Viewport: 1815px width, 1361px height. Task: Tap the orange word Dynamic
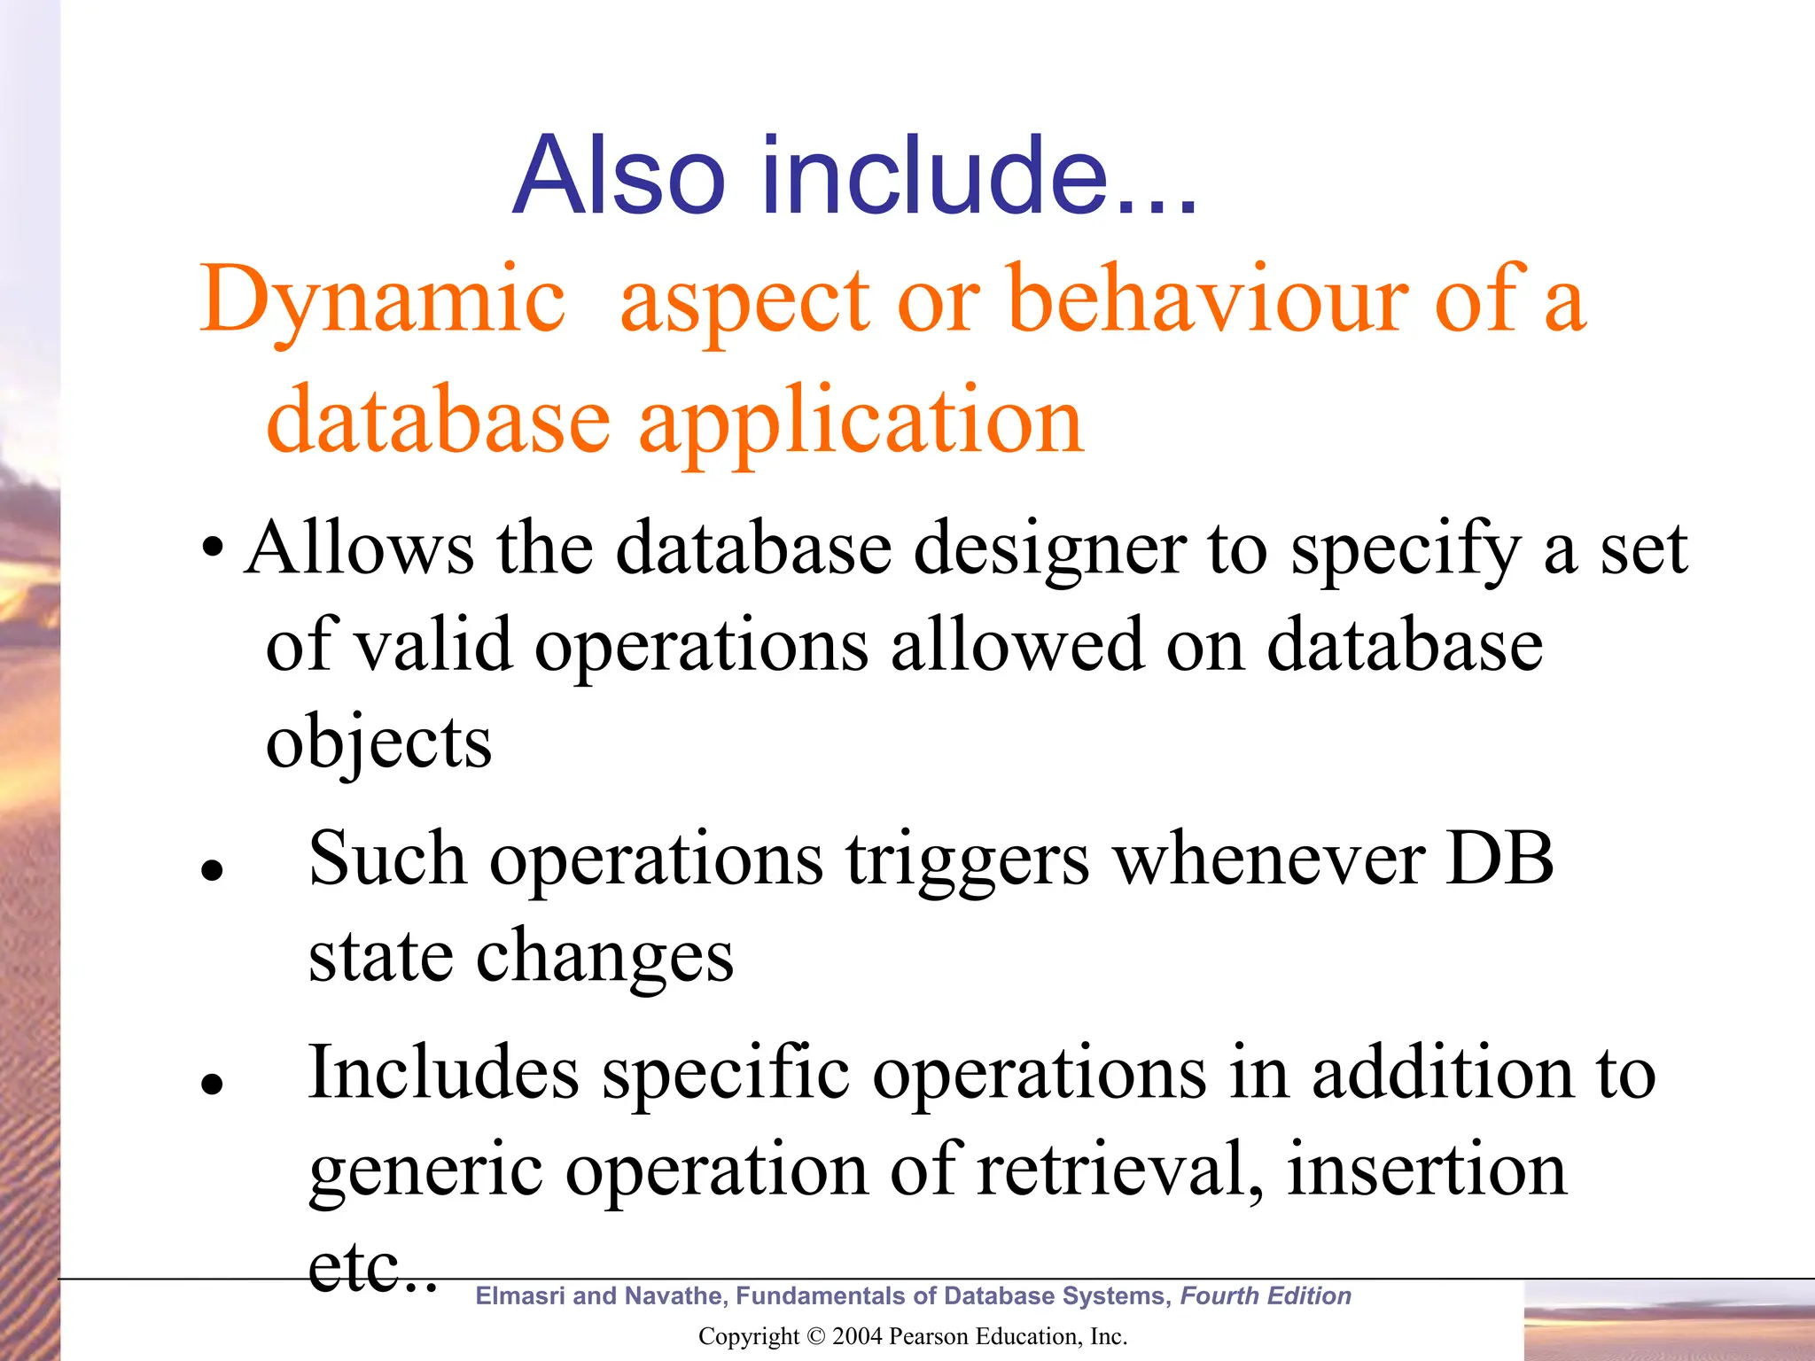[x=382, y=301]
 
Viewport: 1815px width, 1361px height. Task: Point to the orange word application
[x=861, y=422]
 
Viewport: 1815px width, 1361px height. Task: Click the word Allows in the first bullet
[x=359, y=548]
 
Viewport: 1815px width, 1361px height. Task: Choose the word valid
[x=433, y=644]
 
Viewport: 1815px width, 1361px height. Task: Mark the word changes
[x=605, y=957]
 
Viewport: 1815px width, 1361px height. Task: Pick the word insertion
[x=1426, y=1170]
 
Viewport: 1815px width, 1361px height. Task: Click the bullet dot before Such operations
[x=211, y=869]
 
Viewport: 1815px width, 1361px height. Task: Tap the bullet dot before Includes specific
[x=211, y=1083]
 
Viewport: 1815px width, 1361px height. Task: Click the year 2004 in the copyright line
[x=857, y=1336]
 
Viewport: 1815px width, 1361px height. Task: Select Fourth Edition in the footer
[x=1265, y=1295]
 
